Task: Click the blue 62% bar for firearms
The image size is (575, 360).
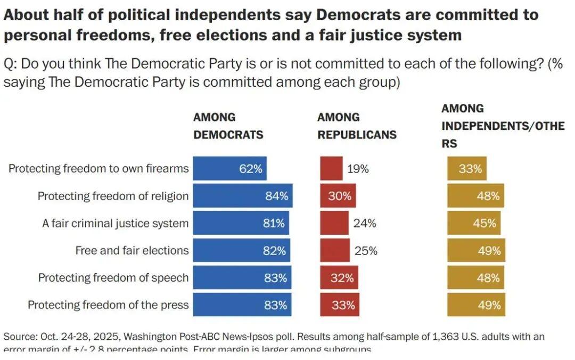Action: coord(229,168)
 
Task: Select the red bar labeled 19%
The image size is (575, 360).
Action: coord(331,168)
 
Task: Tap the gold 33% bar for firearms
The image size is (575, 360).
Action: coord(467,168)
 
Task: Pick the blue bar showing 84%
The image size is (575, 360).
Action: coord(242,196)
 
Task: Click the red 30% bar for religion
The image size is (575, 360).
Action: coord(338,196)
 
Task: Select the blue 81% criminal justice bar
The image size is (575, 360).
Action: coord(241,223)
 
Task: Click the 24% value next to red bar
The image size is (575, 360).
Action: coord(365,224)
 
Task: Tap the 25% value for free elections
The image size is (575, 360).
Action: coord(366,251)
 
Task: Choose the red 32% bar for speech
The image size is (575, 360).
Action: coord(339,278)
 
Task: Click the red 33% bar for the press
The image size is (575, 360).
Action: coord(340,305)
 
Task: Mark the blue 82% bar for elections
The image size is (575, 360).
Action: coord(242,251)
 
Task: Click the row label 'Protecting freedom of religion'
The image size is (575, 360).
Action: coord(113,196)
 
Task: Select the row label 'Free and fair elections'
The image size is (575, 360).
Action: coord(132,250)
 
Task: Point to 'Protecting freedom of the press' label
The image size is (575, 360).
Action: coord(108,305)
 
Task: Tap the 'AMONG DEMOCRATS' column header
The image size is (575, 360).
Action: coord(228,126)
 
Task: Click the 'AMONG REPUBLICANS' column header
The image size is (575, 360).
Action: coord(357,126)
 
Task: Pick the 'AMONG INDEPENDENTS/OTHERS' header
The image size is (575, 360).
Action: coord(503,126)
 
